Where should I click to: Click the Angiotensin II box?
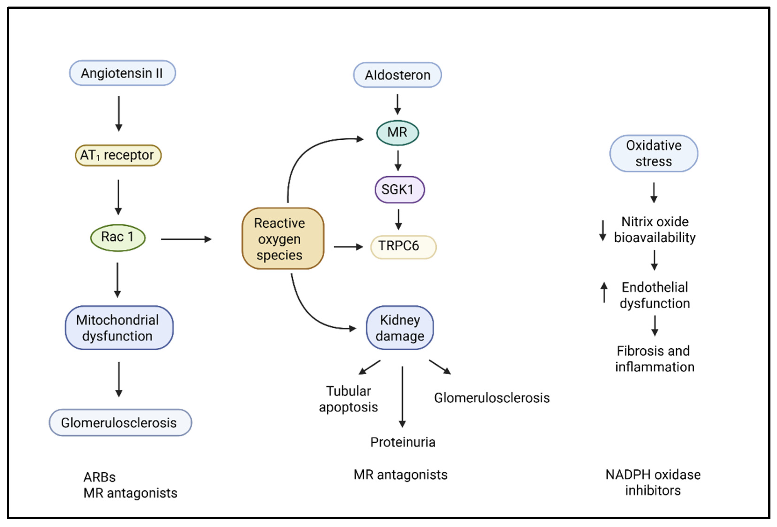[122, 73]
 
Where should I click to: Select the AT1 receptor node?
[118, 155]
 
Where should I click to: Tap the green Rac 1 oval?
[118, 237]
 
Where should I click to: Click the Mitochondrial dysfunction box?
[119, 328]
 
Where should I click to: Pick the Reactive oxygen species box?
[283, 238]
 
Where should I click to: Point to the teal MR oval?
[397, 133]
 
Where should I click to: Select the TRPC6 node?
[403, 247]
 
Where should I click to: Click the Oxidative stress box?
[653, 154]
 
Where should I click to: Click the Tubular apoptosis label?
[348, 399]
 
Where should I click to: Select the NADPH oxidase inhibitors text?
[653, 482]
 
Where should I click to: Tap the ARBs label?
[99, 477]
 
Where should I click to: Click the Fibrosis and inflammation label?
[654, 359]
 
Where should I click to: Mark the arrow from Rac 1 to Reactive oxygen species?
[186, 239]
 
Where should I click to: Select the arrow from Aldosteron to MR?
[397, 104]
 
